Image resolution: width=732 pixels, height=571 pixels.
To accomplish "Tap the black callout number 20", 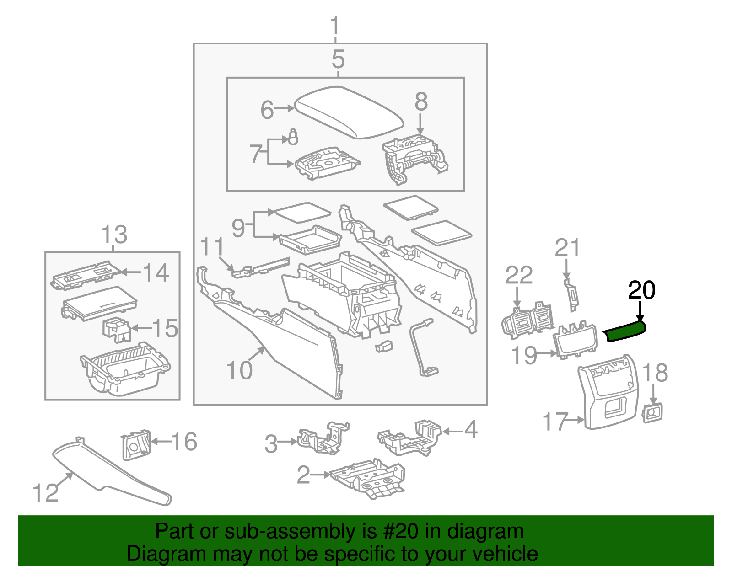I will [641, 290].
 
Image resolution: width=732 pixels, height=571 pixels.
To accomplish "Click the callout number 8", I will [421, 102].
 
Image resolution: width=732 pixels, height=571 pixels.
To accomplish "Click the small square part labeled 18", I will [653, 413].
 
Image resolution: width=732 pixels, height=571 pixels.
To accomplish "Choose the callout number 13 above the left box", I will [114, 235].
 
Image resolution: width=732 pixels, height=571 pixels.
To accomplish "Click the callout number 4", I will [470, 430].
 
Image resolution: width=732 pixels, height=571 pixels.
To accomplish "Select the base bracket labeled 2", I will [368, 478].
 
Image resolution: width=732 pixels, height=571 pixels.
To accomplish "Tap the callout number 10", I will [239, 370].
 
